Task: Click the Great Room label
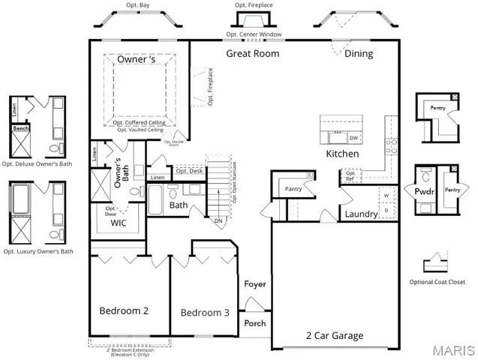[x=253, y=53]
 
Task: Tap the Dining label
[x=359, y=53]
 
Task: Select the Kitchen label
[x=341, y=154]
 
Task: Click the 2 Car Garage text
[x=335, y=335]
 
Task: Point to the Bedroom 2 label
[x=124, y=310]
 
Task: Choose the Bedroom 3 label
[x=205, y=313]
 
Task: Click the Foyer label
[x=255, y=284]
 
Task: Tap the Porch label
[x=255, y=323]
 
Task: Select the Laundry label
[x=360, y=215]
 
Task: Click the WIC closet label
[x=119, y=223]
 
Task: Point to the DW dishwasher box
[x=353, y=138]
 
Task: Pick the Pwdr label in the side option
[x=424, y=191]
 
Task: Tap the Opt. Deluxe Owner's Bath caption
[x=38, y=163]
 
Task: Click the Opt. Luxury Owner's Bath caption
[x=38, y=251]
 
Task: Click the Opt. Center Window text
[x=253, y=35]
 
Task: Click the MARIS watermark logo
[x=451, y=349]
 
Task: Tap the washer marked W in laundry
[x=386, y=196]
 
